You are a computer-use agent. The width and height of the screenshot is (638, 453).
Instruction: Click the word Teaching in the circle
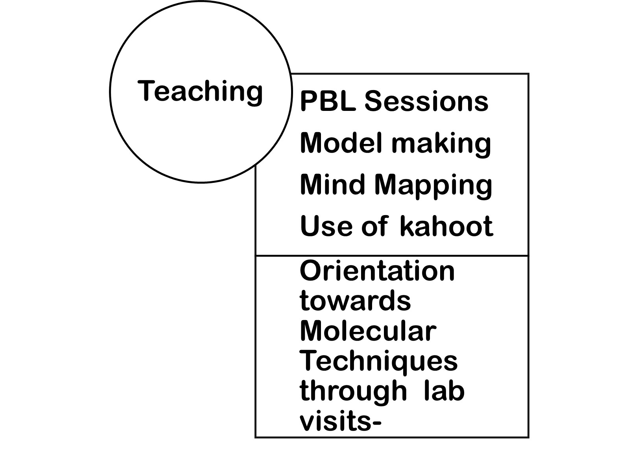pyautogui.click(x=200, y=91)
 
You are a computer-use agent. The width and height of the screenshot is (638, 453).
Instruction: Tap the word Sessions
pyautogui.click(x=426, y=101)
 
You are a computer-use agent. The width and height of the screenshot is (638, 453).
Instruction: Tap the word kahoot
pyautogui.click(x=446, y=226)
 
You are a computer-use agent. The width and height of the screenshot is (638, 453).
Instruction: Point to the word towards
pyautogui.click(x=355, y=301)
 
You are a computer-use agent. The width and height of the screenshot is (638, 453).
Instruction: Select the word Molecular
pyautogui.click(x=368, y=331)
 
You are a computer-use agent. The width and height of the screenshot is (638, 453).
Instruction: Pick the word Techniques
pyautogui.click(x=379, y=361)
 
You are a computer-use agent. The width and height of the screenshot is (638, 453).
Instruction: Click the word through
pyautogui.click(x=353, y=392)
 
